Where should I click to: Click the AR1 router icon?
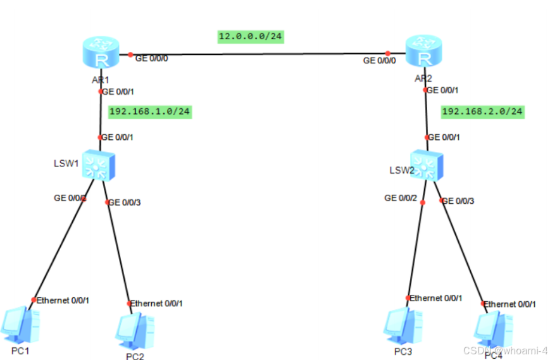tap(101, 53)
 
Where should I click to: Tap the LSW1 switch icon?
tap(101, 164)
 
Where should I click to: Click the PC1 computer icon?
tap(21, 325)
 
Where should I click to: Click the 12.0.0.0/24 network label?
tap(250, 37)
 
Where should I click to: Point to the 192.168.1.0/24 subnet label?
tap(149, 112)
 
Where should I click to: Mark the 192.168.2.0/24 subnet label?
tap(482, 112)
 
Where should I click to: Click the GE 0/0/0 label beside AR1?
tap(152, 58)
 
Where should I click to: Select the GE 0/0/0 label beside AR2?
tap(379, 61)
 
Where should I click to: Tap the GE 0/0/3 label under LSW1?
tap(126, 202)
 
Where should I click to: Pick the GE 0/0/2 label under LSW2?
tap(401, 198)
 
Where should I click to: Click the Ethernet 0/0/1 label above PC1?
tap(63, 300)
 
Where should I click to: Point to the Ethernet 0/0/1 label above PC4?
tap(510, 304)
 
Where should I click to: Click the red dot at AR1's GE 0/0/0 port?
tap(130, 54)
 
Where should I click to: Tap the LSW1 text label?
tap(65, 163)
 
